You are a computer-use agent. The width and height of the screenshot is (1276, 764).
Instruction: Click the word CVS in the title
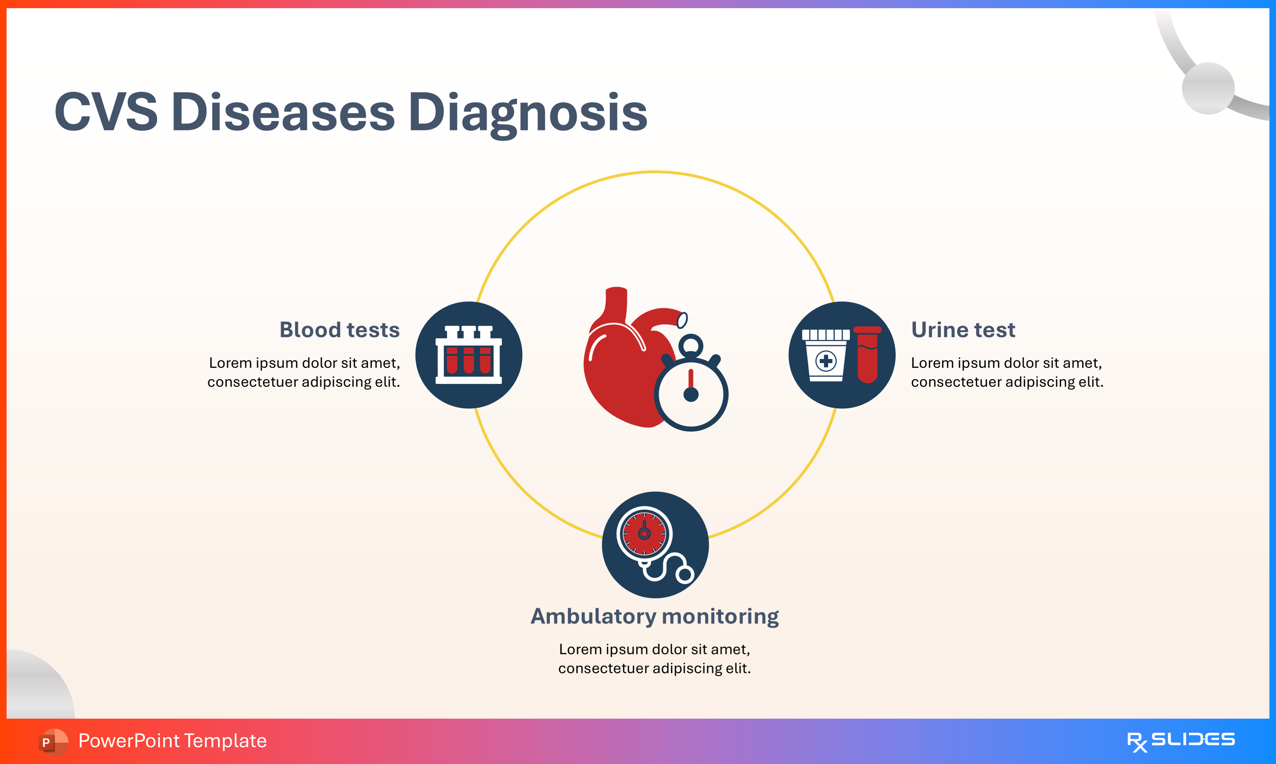pyautogui.click(x=106, y=112)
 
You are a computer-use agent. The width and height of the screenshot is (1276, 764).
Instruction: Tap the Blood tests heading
pyautogui.click(x=339, y=329)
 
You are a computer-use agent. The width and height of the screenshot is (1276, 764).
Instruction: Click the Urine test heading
pyautogui.click(x=963, y=329)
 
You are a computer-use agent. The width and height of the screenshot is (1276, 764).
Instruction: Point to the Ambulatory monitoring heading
pyautogui.click(x=654, y=616)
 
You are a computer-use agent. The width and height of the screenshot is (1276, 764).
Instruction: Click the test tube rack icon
pyautogui.click(x=468, y=355)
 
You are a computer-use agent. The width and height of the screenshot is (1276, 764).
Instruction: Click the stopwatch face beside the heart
pyautogui.click(x=691, y=396)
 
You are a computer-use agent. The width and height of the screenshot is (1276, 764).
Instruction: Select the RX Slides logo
pyautogui.click(x=1180, y=741)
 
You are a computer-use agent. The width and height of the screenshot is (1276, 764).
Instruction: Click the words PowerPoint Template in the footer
pyautogui.click(x=172, y=741)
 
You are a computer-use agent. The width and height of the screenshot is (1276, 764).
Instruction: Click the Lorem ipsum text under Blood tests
pyautogui.click(x=304, y=372)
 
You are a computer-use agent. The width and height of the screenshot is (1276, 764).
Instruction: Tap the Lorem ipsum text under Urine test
pyautogui.click(x=1007, y=372)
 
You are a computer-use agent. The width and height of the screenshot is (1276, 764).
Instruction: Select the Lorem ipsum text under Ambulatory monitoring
pyautogui.click(x=654, y=658)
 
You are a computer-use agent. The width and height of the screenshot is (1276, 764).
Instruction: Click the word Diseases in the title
pyautogui.click(x=283, y=112)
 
